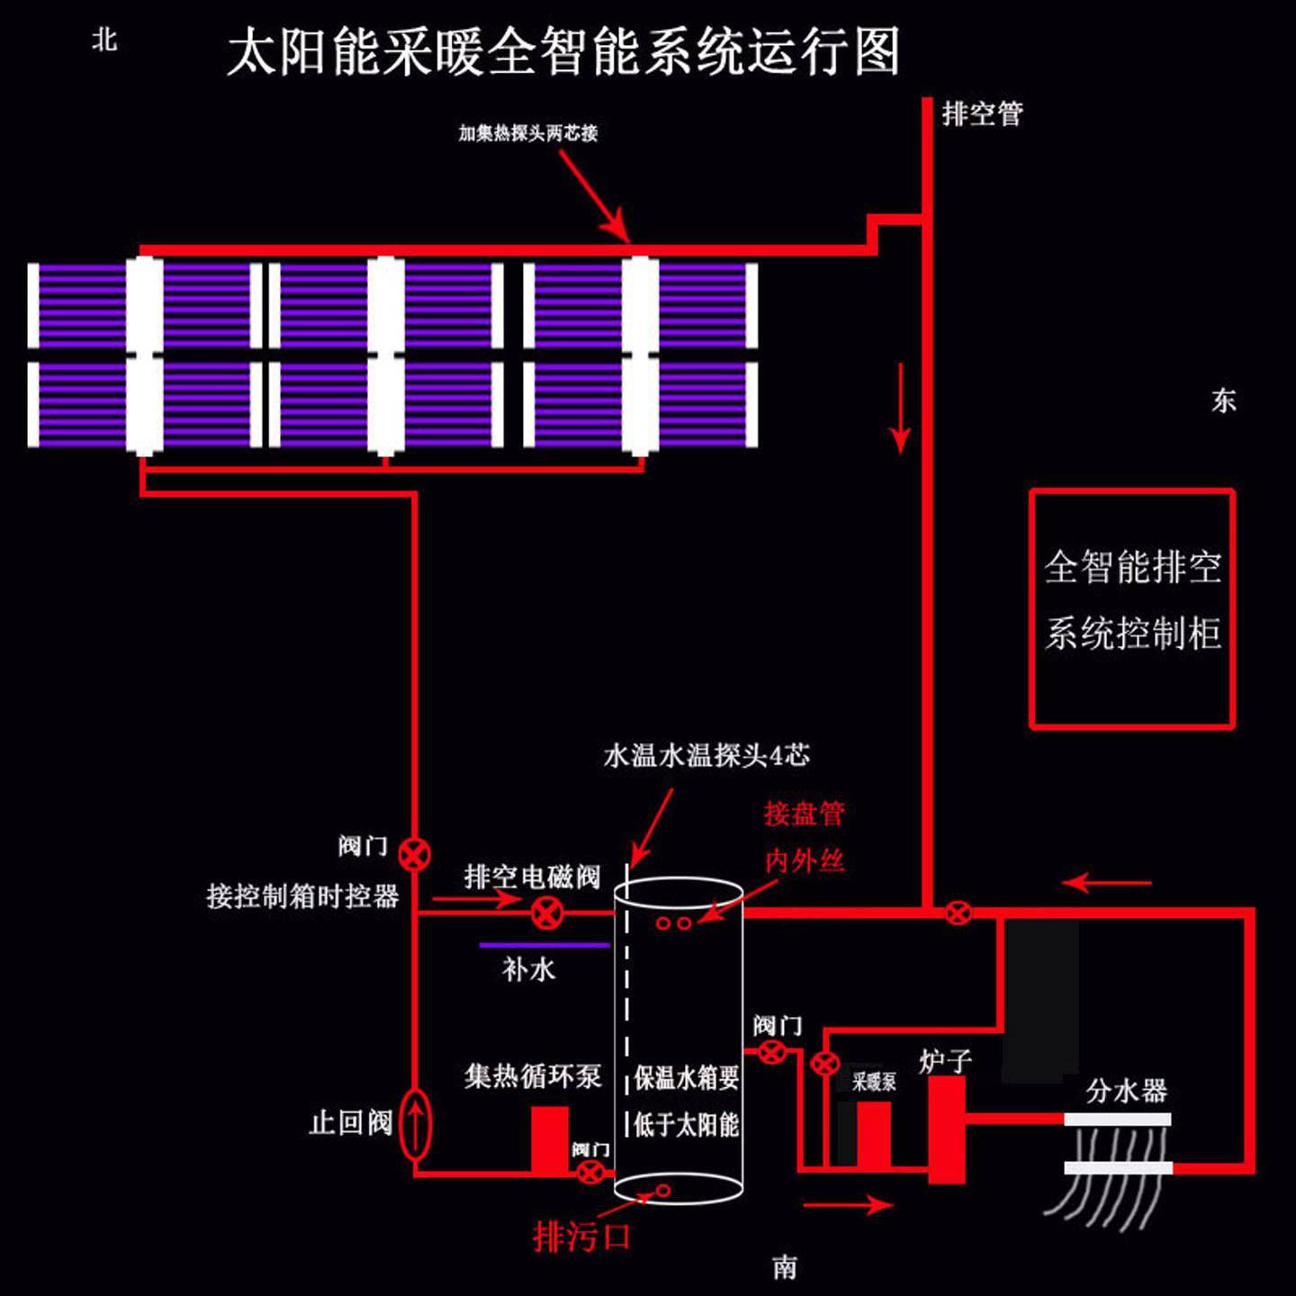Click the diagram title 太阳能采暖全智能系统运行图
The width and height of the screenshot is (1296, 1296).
click(563, 52)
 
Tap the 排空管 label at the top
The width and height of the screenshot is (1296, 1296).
click(982, 114)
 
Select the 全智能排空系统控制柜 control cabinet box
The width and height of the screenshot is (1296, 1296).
click(1131, 608)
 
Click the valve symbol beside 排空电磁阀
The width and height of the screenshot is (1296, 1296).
click(546, 913)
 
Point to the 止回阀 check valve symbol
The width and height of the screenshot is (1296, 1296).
click(415, 1124)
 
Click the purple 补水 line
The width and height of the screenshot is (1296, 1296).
click(544, 945)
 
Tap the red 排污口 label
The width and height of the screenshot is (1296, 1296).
click(581, 1236)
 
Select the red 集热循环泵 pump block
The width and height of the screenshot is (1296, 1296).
click(549, 1139)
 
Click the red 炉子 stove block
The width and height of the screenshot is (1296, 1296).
click(946, 1130)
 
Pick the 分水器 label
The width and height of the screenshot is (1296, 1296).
click(1126, 1091)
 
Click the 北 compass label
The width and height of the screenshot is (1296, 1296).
click(104, 40)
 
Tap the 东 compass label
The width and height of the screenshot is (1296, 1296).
click(1223, 400)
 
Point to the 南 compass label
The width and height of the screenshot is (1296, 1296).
click(785, 1267)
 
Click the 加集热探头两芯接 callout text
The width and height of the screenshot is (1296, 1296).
click(528, 133)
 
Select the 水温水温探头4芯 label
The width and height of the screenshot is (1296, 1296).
click(706, 755)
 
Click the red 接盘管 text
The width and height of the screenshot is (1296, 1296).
click(804, 814)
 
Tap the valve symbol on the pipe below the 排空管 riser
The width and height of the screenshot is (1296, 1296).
click(958, 913)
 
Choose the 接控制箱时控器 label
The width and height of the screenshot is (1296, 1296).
click(302, 896)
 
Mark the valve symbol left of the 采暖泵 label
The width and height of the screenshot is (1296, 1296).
click(824, 1064)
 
